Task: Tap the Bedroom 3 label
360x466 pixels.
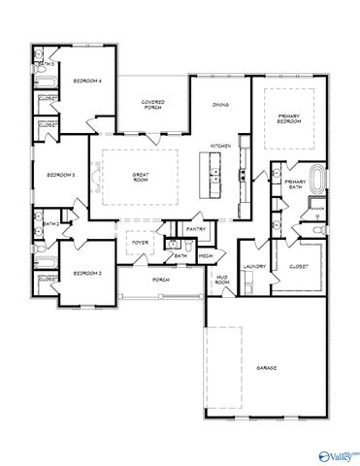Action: point(61,175)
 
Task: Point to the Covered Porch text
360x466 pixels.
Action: point(152,103)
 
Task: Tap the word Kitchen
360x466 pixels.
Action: point(220,146)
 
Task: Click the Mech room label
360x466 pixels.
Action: point(206,255)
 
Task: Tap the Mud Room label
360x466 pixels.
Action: point(221,283)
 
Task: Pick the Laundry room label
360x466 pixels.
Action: point(255,265)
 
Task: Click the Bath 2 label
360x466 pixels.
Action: point(51,223)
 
